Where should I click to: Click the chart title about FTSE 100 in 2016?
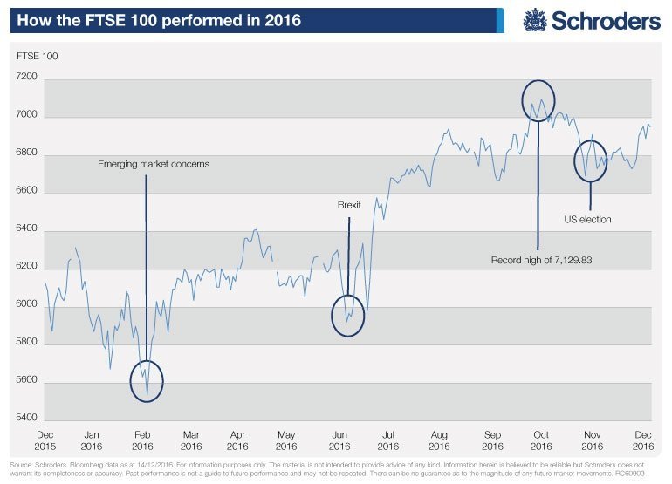pyautogui.click(x=158, y=19)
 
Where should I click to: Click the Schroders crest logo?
pyautogui.click(x=534, y=19)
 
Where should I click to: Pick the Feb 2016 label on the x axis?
pyautogui.click(x=142, y=439)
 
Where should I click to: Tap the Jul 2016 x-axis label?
pyautogui.click(x=389, y=439)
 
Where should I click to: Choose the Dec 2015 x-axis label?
pyautogui.click(x=47, y=439)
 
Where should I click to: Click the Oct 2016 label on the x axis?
pyautogui.click(x=541, y=439)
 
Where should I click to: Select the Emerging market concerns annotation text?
pyautogui.click(x=154, y=164)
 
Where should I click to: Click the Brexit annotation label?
pyautogui.click(x=348, y=206)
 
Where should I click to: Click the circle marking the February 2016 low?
pyautogui.click(x=146, y=381)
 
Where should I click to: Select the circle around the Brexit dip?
pyautogui.click(x=347, y=317)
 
